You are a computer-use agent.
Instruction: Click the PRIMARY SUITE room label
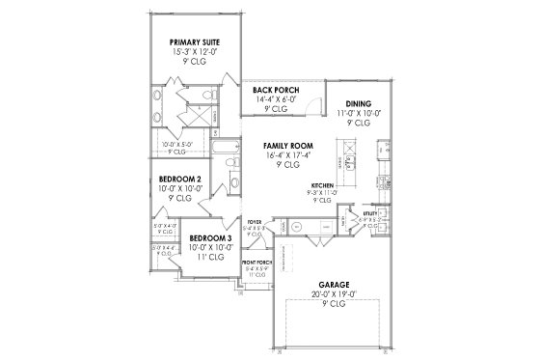tap(197, 42)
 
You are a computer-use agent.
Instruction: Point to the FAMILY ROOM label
tap(285, 146)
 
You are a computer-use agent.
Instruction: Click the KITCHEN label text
tap(321, 183)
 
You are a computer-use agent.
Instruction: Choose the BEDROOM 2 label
tap(180, 180)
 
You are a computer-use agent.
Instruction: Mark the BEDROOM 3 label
tap(209, 237)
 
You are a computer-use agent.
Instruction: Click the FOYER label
tap(255, 221)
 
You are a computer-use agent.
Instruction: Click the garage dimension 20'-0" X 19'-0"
tap(335, 294)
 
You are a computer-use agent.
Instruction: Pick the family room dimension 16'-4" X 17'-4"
tap(285, 154)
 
